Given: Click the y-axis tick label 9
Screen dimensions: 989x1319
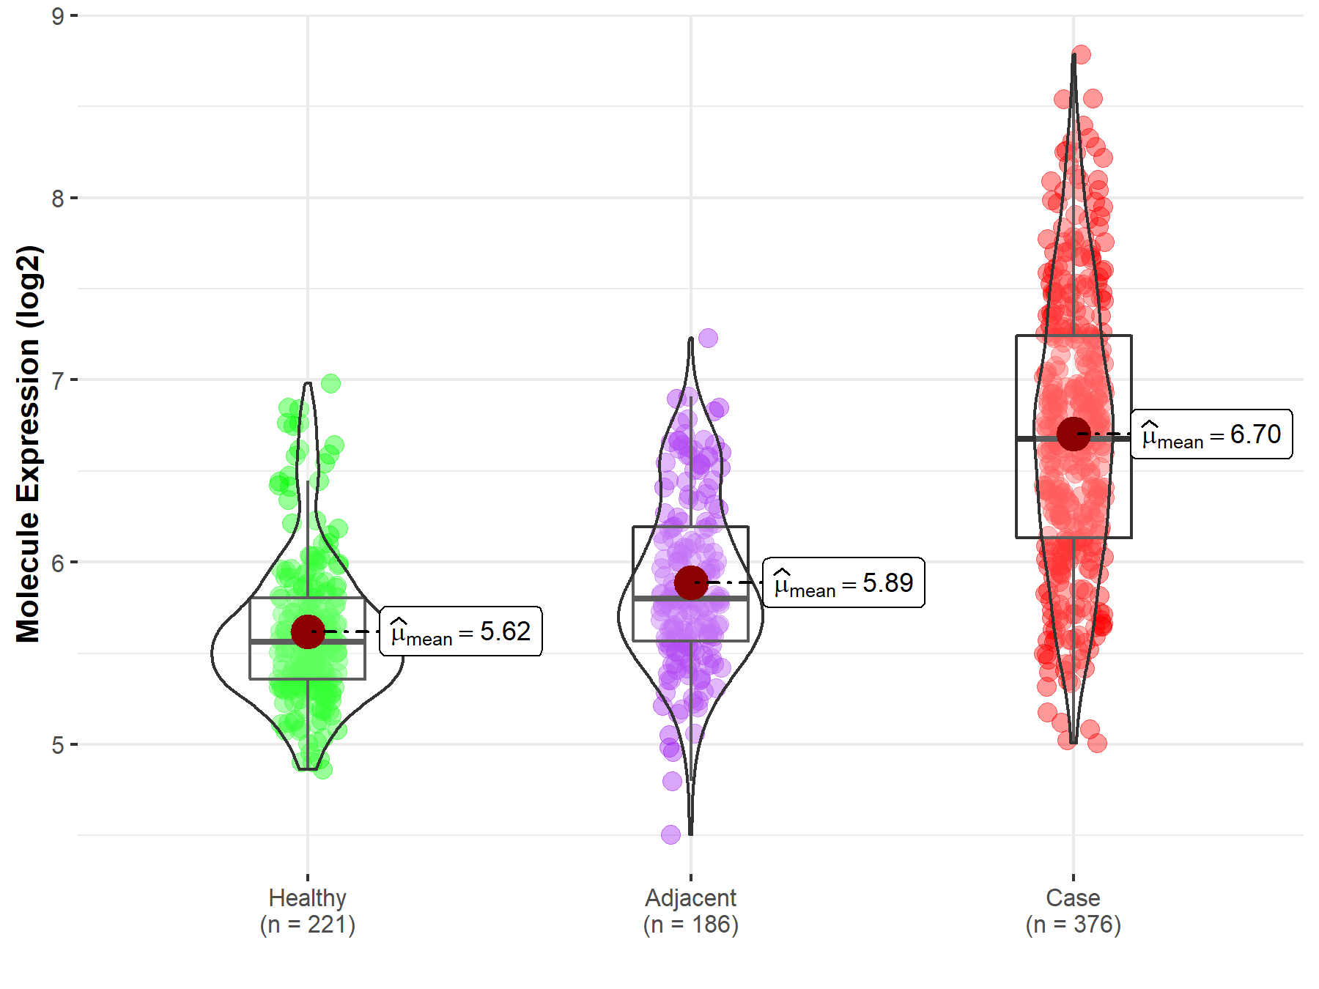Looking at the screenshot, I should [58, 16].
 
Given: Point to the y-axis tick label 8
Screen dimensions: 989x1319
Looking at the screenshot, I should [58, 199].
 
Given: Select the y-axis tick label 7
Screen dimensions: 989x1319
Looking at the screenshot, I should [58, 380].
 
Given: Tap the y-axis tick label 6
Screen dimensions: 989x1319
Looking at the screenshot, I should [58, 563].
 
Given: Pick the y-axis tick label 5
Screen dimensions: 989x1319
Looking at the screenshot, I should [58, 745].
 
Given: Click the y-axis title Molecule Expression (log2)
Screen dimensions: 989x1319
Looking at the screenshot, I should [28, 443].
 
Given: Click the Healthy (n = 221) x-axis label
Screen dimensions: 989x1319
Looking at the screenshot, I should [307, 911].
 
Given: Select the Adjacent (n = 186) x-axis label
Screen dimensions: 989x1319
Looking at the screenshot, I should [690, 911].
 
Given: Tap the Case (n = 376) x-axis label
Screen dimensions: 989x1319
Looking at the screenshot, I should [1073, 911].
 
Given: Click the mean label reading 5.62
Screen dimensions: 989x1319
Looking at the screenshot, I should [461, 631].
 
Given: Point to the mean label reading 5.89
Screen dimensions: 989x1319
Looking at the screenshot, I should [843, 583].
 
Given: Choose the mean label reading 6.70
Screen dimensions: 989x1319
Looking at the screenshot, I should [1211, 434].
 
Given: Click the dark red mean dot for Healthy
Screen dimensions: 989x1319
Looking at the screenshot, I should [308, 631].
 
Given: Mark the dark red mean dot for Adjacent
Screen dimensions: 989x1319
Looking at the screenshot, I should [691, 582].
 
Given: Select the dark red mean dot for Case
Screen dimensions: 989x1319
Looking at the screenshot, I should [1074, 434].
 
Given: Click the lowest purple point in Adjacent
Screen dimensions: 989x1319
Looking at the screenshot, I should [670, 834].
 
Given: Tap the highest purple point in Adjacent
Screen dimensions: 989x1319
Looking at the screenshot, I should [708, 338].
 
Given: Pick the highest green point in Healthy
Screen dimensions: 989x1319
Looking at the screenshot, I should [330, 383].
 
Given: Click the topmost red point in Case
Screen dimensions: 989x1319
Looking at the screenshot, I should [1081, 54].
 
